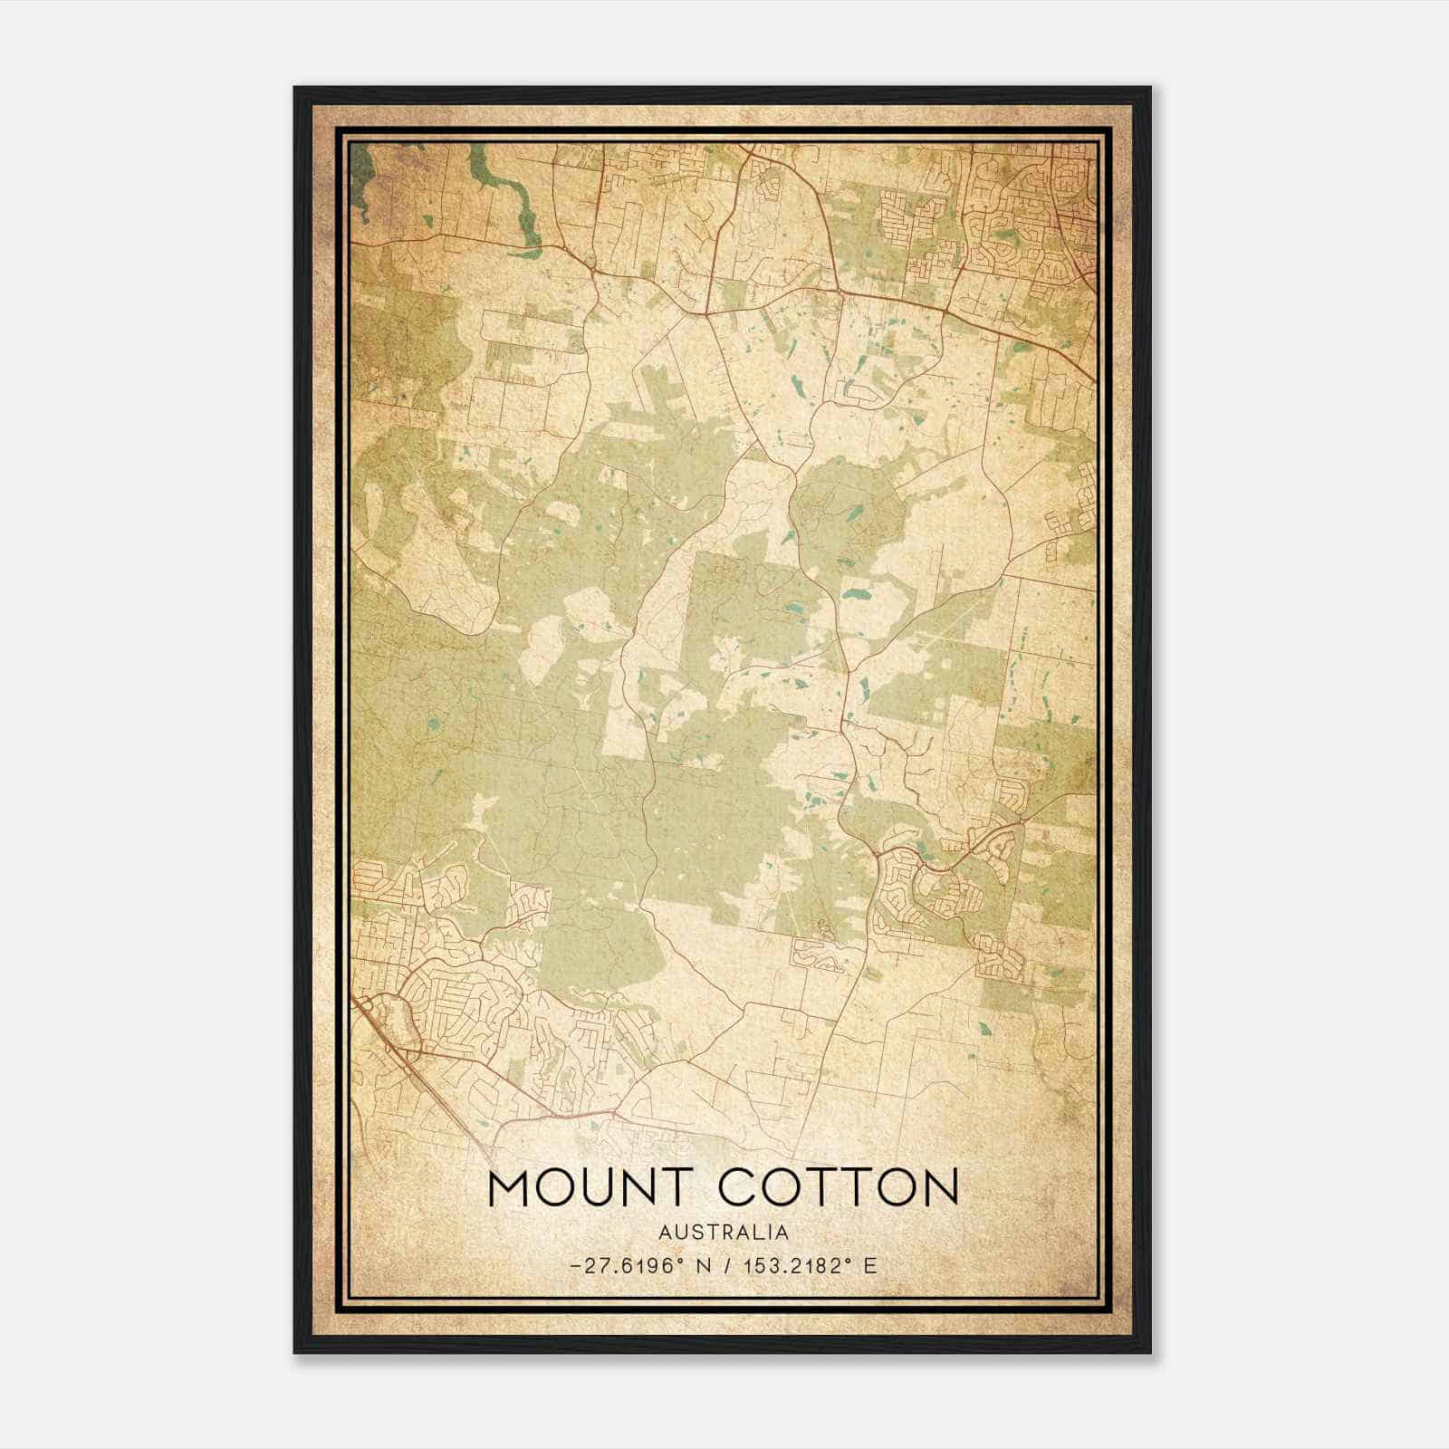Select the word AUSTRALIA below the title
[x=724, y=1233]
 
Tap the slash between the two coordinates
[x=728, y=1266]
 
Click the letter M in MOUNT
[x=511, y=1187]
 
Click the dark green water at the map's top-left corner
[x=362, y=177]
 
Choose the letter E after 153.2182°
[x=870, y=1266]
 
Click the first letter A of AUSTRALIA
[x=666, y=1233]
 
